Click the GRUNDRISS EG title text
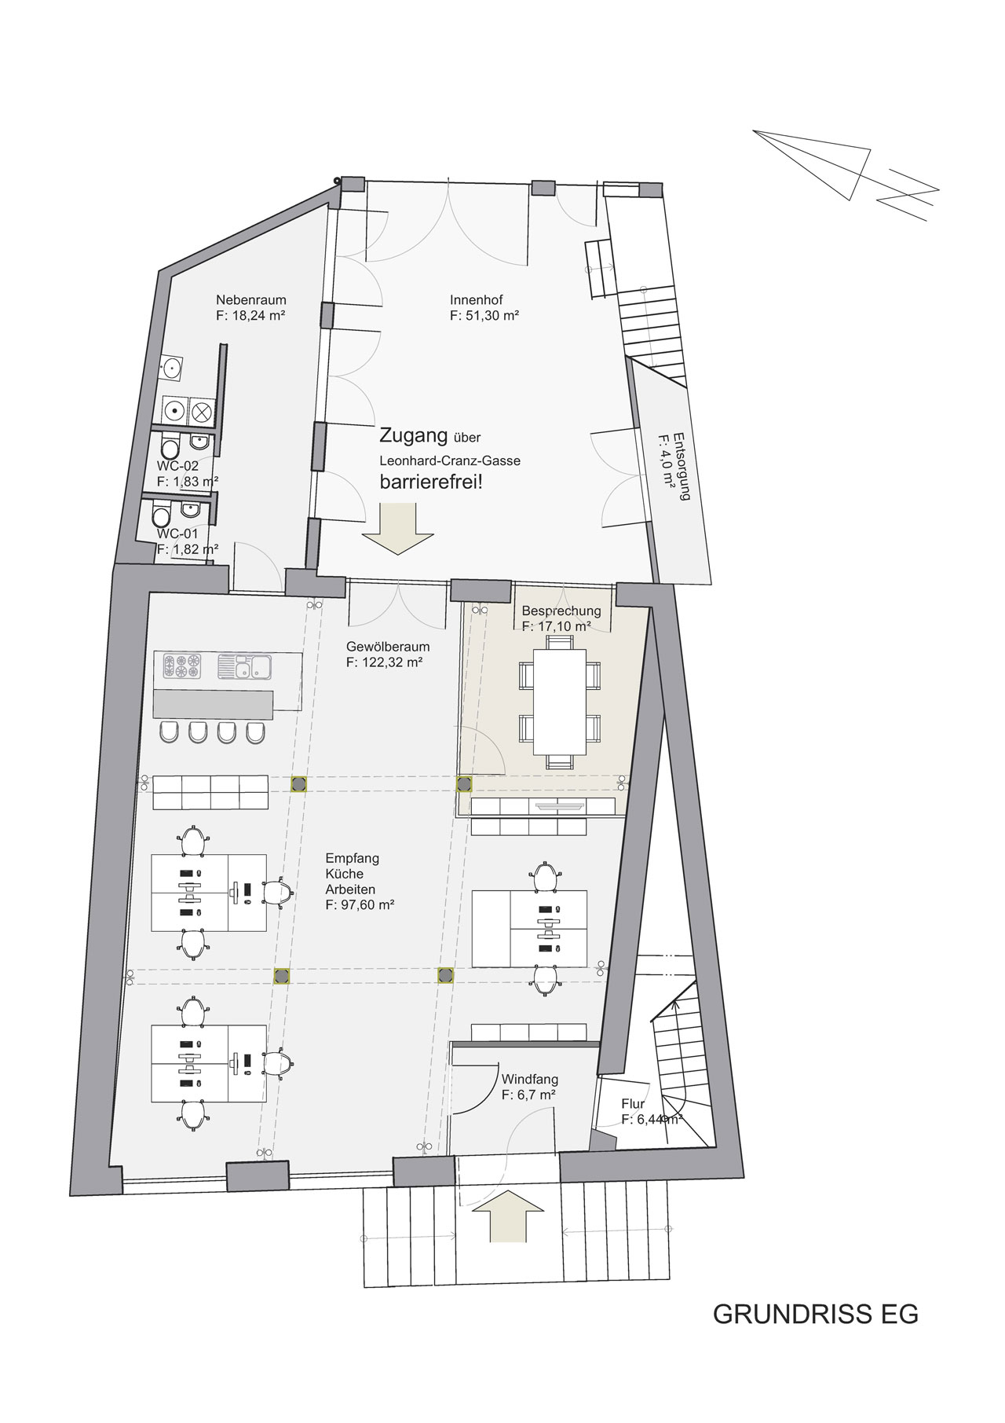(x=815, y=1314)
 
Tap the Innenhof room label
(x=476, y=299)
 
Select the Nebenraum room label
(x=251, y=299)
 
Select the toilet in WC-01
(x=162, y=516)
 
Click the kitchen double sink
(x=244, y=667)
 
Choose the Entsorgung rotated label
(x=674, y=467)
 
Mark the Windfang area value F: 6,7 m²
(x=530, y=1094)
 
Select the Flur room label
(x=633, y=1104)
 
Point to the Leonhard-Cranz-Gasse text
(x=450, y=460)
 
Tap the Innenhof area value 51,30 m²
(x=485, y=316)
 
